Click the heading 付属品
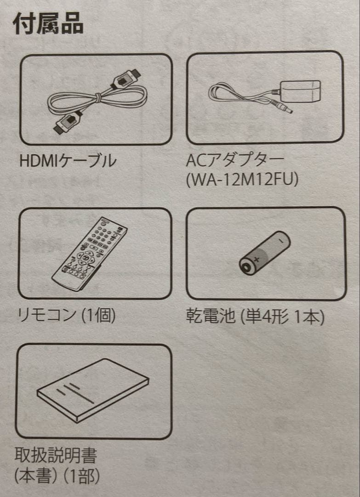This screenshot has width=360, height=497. pos(48,23)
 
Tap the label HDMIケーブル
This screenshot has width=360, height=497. pos(68,161)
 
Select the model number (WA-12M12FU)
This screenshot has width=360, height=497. pos(243,180)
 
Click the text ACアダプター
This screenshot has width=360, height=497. pos(235,161)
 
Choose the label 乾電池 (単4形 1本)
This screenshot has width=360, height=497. pos(255,317)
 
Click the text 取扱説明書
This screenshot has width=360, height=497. pos(56,456)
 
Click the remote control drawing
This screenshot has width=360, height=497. pos(90,253)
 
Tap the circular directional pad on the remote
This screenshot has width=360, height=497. pos(84,258)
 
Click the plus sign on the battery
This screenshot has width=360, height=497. pos(257,260)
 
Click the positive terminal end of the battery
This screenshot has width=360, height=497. pos(245,268)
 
